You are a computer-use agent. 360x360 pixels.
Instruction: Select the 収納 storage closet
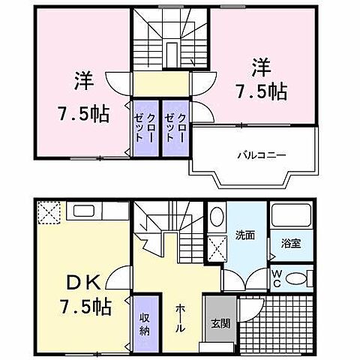pos(145,322)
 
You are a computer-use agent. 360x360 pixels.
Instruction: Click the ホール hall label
pos(181,317)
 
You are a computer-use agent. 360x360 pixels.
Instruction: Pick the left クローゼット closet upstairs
pos(145,128)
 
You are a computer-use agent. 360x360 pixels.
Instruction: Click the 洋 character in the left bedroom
pos(82,79)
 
